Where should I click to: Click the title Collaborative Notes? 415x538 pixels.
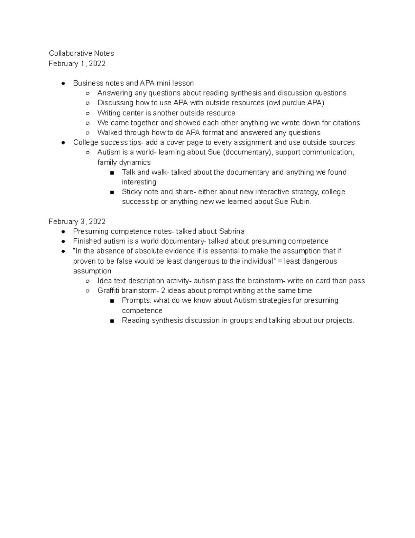click(x=81, y=53)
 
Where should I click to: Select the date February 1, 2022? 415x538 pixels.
click(x=77, y=63)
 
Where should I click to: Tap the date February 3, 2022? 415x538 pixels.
click(x=77, y=221)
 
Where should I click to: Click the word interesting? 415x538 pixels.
click(x=139, y=182)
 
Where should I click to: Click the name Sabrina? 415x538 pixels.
click(x=232, y=231)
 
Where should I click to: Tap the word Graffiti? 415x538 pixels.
click(x=109, y=291)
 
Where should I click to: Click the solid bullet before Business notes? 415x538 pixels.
click(x=63, y=83)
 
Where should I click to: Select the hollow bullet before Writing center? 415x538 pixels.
click(x=87, y=113)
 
